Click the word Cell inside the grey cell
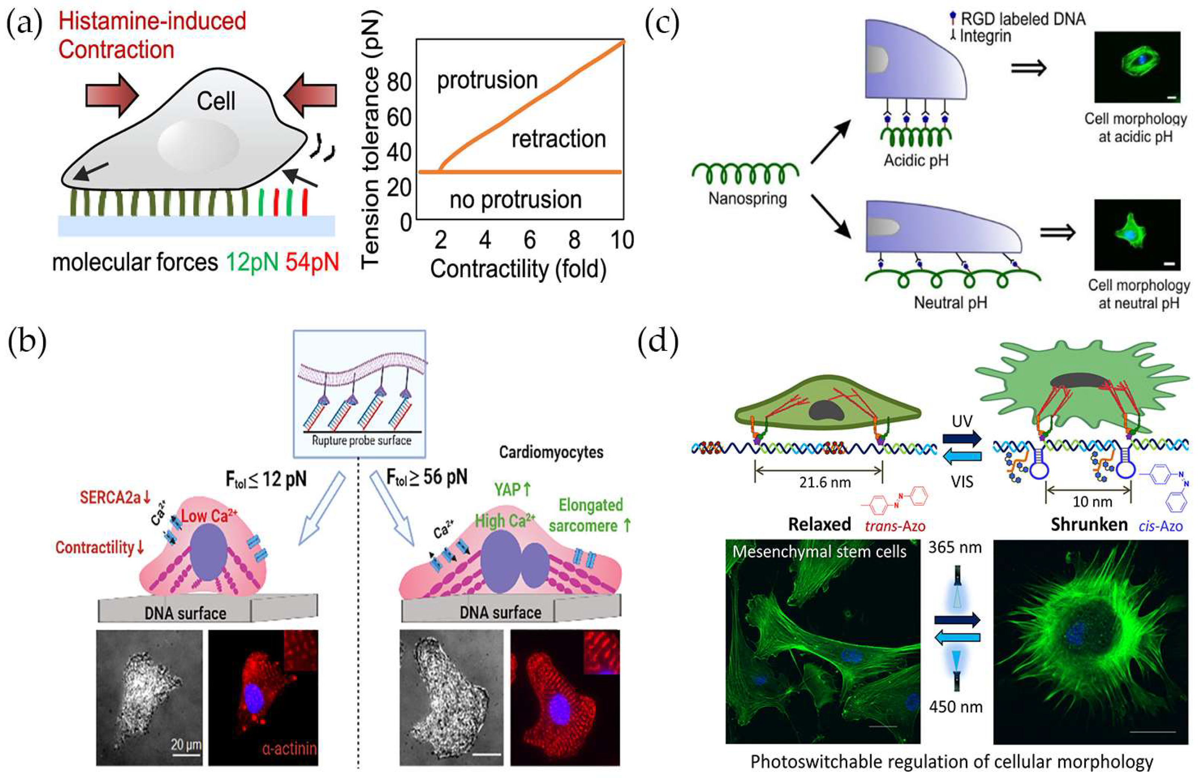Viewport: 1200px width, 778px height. pos(216,101)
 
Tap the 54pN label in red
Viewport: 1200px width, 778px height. pos(312,262)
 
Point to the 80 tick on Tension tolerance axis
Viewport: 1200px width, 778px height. pos(399,81)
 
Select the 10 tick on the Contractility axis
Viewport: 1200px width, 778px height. pos(622,240)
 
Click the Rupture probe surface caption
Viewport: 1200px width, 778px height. pos(361,440)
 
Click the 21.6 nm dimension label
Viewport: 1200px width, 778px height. pos(825,483)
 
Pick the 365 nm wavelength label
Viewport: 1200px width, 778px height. pos(955,547)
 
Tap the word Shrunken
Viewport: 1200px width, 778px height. pos(1089,525)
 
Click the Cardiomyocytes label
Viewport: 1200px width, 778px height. pos(551,452)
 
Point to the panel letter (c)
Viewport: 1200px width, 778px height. pos(663,24)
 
